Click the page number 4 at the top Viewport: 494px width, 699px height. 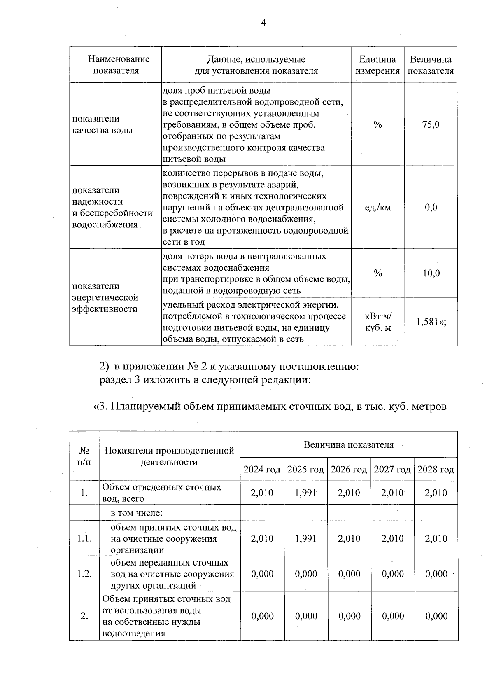point(263,23)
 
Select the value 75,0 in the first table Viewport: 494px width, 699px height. point(431,124)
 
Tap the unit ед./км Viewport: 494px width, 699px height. point(377,208)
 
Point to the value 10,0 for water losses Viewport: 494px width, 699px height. point(431,274)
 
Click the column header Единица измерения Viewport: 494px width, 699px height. point(377,65)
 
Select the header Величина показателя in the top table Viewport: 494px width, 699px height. point(431,65)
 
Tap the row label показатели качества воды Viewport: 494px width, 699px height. point(103,124)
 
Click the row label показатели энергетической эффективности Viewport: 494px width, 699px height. point(105,297)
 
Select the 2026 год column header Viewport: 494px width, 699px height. point(349,470)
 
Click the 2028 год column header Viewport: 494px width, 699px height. point(436,470)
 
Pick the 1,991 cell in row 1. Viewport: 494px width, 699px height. point(305,493)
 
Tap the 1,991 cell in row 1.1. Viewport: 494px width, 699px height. point(305,539)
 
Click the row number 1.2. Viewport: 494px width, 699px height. point(84,574)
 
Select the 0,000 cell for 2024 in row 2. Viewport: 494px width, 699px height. point(262,616)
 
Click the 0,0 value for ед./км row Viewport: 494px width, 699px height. point(431,208)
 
